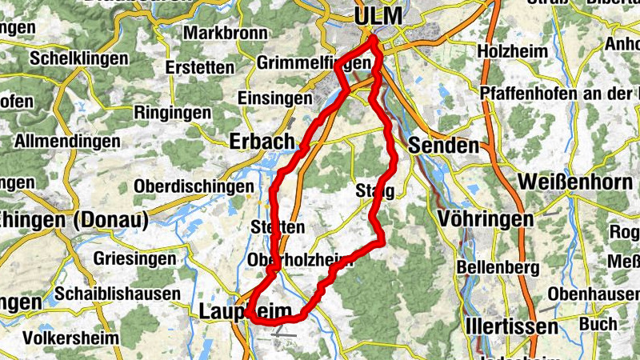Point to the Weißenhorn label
(575, 182)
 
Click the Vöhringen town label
(486, 218)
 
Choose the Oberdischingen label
(194, 186)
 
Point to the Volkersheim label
(71, 338)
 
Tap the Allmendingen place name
(68, 142)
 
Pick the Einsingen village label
(275, 98)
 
